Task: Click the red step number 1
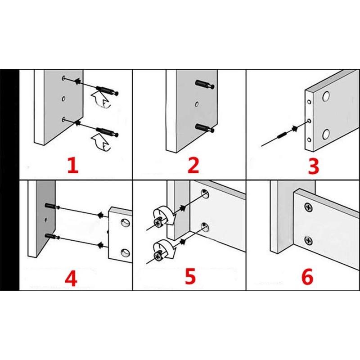click(x=73, y=165)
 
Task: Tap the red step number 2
click(x=193, y=165)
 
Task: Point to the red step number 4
click(x=71, y=278)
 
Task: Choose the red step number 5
click(x=190, y=276)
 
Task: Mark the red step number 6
click(x=307, y=277)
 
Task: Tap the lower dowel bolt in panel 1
click(x=107, y=132)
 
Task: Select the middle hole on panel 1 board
click(x=63, y=99)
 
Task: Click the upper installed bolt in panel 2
click(x=205, y=84)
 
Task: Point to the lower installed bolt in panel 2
click(x=205, y=128)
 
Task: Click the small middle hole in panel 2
click(x=197, y=104)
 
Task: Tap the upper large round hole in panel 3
click(x=326, y=97)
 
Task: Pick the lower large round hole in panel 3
click(x=326, y=135)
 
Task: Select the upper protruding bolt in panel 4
click(x=52, y=206)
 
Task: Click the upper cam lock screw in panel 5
click(x=158, y=223)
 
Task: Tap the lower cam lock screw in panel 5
click(x=158, y=256)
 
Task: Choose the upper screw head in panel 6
click(x=309, y=207)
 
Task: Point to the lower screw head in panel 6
click(x=309, y=240)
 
